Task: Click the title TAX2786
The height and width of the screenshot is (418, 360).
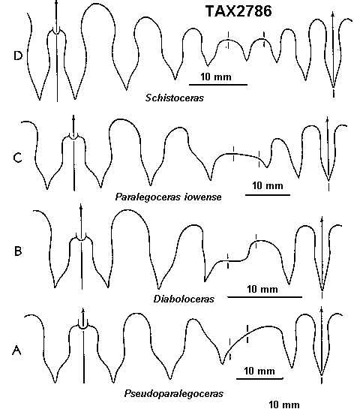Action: (238, 11)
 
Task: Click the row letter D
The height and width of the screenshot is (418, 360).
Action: (18, 56)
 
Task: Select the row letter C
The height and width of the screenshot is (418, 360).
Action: (17, 158)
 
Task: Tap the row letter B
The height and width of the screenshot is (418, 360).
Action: (18, 251)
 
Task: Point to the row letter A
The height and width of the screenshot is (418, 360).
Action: (16, 350)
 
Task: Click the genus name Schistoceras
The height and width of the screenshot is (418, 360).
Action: (175, 98)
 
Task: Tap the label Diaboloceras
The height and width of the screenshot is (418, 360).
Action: (184, 299)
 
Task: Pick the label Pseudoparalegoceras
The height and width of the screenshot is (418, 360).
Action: (174, 394)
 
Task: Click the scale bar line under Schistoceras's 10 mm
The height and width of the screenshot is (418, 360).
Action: (218, 85)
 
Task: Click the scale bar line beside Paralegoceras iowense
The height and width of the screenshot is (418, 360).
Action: (268, 195)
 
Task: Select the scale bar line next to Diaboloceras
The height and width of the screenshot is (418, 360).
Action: (265, 296)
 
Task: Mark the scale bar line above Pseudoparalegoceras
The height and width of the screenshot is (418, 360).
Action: (259, 378)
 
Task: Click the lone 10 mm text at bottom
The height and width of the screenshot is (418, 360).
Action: (284, 404)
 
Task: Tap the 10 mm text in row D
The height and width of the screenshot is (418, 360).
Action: (216, 77)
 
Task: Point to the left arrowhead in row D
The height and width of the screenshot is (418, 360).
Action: (56, 2)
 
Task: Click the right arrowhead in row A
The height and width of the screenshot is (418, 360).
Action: (321, 309)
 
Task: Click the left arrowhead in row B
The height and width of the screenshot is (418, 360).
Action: (81, 207)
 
